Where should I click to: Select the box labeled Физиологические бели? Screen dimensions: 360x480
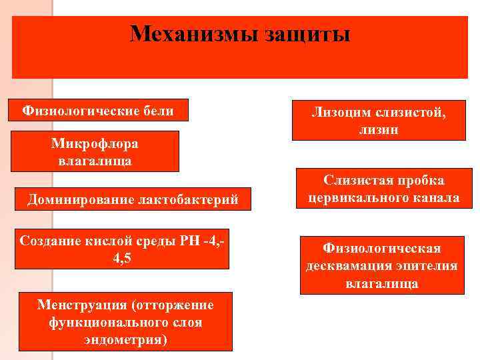point(98,110)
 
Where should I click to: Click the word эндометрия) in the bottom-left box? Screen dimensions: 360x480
point(125,339)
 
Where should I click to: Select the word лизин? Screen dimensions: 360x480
point(379,130)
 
